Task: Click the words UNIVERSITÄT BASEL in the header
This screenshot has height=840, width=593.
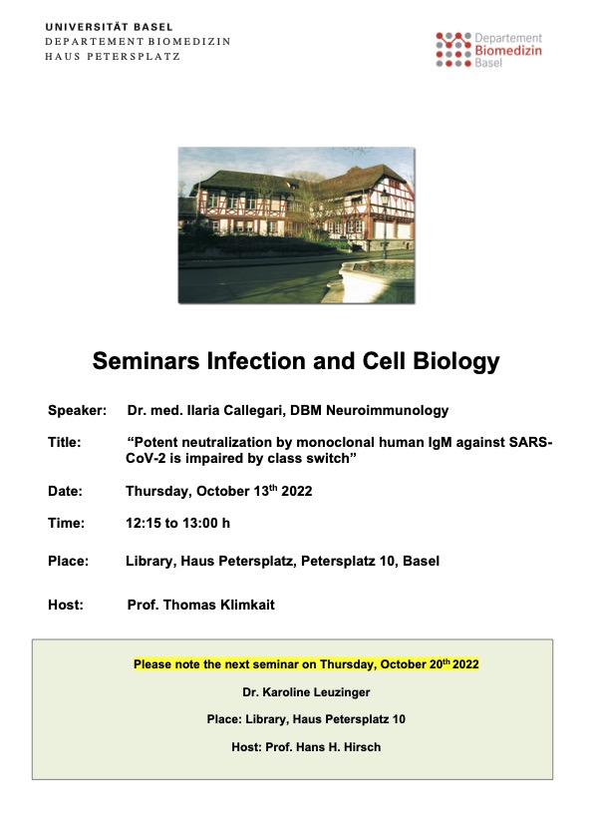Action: click(x=110, y=27)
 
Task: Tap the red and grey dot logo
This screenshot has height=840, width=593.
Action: click(x=453, y=50)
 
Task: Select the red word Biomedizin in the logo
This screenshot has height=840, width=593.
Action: click(x=508, y=50)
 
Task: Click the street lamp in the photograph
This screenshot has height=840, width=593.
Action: click(x=385, y=222)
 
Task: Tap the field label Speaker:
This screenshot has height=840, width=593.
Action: click(x=77, y=410)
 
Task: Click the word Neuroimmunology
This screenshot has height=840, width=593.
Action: click(x=387, y=411)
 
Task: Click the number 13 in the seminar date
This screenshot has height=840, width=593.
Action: click(x=261, y=491)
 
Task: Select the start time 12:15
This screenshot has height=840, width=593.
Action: click(x=143, y=524)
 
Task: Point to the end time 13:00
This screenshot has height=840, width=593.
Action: click(x=198, y=524)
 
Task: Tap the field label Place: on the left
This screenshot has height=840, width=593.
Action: click(x=68, y=562)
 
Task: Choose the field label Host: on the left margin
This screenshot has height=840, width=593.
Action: click(x=66, y=606)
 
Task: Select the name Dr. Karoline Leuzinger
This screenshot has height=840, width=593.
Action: click(x=306, y=692)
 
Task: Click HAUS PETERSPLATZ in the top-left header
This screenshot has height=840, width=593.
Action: click(x=113, y=56)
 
